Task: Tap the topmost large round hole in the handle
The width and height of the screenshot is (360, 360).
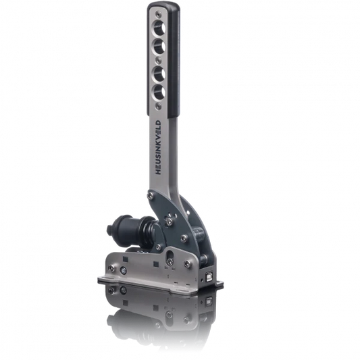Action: [159, 28]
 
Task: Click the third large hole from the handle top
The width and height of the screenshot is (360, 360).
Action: [159, 74]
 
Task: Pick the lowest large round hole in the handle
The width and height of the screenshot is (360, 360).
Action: [159, 92]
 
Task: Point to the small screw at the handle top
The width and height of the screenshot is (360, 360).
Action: [157, 15]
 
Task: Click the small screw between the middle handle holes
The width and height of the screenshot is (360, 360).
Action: [158, 60]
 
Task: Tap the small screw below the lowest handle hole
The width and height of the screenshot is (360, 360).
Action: [157, 105]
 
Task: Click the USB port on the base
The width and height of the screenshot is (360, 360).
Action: [209, 276]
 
